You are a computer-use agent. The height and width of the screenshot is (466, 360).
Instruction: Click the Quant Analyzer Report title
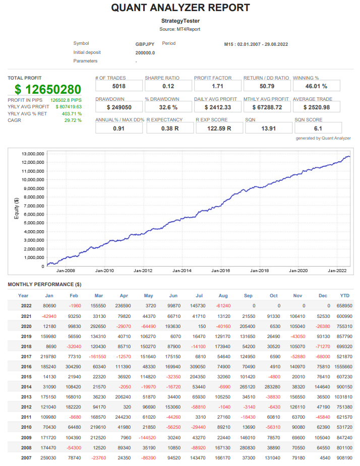point(180,8)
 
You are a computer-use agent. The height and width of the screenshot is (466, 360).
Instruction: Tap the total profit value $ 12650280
point(47,90)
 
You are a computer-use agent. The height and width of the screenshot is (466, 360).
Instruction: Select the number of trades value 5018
point(115,86)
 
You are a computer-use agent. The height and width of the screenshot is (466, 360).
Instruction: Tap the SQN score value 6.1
point(318,128)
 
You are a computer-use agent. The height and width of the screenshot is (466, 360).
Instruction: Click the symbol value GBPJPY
point(145,44)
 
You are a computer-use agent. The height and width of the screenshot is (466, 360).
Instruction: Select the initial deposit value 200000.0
point(145,52)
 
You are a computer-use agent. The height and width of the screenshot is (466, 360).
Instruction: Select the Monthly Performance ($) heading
point(44,285)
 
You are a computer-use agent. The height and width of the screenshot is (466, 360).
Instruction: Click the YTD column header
point(345,296)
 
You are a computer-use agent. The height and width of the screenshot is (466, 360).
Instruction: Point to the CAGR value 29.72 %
point(73,120)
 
